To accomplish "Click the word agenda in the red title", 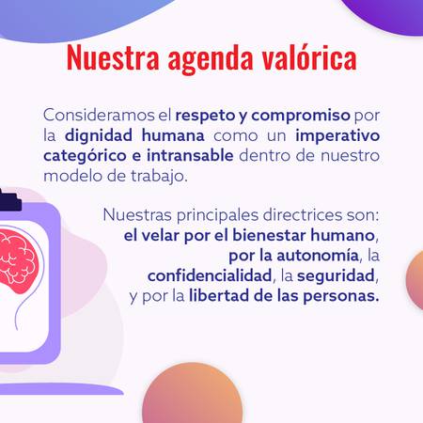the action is tap(211, 59).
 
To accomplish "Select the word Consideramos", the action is tap(103, 115).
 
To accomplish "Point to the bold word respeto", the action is tap(205, 117).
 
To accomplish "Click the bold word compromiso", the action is tap(301, 117).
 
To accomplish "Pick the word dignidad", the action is tap(99, 135).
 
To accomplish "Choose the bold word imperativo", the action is tap(337, 136).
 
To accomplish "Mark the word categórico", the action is tap(85, 156).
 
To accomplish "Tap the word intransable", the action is tap(190, 155).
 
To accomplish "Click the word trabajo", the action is tap(159, 176).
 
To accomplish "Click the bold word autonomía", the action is tap(318, 256).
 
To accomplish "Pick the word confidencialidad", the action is tap(210, 275).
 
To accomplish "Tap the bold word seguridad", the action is tap(336, 276).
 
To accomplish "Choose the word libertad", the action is tap(219, 296).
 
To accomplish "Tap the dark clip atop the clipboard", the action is tap(10, 199).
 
